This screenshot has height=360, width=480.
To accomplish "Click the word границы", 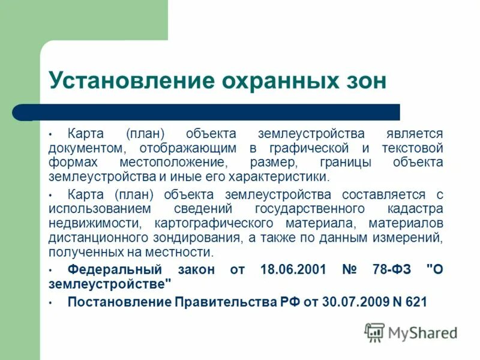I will pyautogui.click(x=340, y=163).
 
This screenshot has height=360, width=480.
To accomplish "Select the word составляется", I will pyautogui.click(x=381, y=194).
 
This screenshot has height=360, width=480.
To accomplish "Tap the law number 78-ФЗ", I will pyautogui.click(x=391, y=269).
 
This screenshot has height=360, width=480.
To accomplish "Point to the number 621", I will pyautogui.click(x=415, y=302).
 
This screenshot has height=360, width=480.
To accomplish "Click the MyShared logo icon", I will pyautogui.click(x=374, y=332).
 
